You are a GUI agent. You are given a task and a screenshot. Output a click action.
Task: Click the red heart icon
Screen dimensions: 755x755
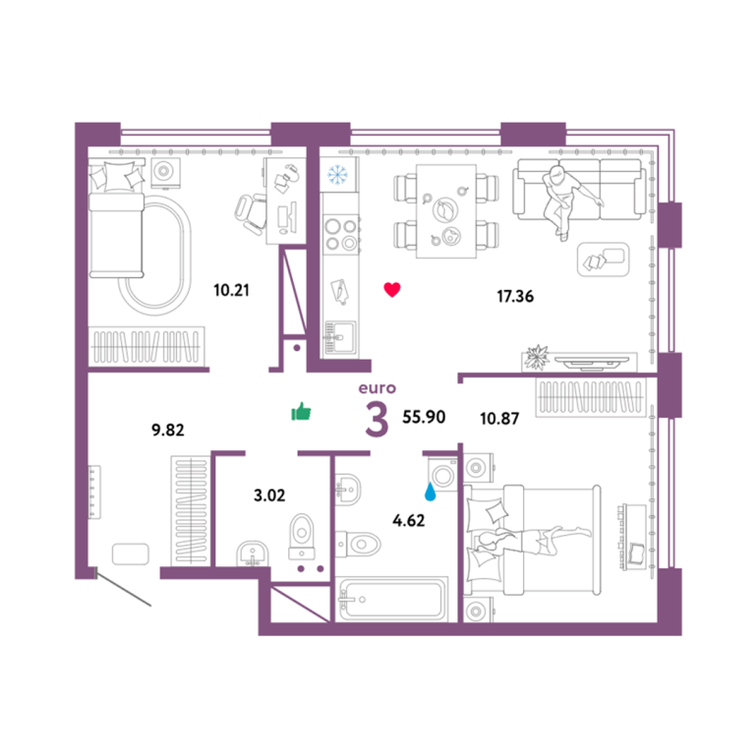tap(392, 289)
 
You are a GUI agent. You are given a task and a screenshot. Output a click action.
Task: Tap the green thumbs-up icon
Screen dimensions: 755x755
tap(301, 412)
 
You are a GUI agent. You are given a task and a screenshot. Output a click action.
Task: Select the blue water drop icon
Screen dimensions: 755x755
tap(430, 493)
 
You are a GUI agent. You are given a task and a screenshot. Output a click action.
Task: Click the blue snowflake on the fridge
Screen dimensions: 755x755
tap(337, 174)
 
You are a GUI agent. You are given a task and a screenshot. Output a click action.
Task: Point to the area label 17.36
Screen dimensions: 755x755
tap(515, 296)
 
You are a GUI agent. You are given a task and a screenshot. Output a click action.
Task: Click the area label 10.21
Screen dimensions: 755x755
tap(231, 290)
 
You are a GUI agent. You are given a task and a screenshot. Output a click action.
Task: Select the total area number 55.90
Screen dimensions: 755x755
tap(424, 417)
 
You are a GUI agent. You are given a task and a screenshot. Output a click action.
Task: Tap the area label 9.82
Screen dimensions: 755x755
tap(167, 430)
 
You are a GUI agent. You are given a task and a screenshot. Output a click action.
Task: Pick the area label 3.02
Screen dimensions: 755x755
tap(269, 495)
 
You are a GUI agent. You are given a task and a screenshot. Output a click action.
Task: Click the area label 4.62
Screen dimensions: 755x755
tap(408, 520)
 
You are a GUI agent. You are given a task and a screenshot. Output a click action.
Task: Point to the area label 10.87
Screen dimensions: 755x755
tap(499, 419)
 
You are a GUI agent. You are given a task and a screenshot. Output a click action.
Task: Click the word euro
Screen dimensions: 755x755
tap(377, 388)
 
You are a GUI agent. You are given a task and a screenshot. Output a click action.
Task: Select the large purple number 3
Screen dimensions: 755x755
tap(377, 420)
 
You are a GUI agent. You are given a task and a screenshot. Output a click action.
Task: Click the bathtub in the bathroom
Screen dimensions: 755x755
tap(392, 599)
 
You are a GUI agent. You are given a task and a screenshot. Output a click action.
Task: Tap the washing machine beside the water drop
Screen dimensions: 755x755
tap(442, 474)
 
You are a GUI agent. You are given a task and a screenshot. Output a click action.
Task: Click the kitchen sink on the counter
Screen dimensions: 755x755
tap(340, 337)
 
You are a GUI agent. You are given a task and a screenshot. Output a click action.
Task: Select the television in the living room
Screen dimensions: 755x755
tap(591, 362)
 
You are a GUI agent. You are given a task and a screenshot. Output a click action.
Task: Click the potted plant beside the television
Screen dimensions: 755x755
tap(537, 357)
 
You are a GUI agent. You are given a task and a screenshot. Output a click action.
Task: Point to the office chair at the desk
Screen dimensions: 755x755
tap(252, 213)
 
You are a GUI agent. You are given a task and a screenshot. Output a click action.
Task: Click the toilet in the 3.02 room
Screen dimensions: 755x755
tap(302, 537)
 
